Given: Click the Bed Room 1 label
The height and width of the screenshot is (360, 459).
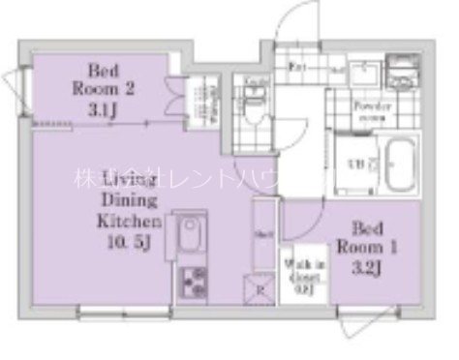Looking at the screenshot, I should coord(367,235).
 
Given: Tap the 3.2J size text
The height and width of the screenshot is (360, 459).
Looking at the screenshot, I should coord(367,259).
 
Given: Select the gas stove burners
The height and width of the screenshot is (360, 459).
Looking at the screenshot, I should coord(191,282).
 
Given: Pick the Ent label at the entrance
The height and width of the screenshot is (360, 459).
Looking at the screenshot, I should coord(299,68).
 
